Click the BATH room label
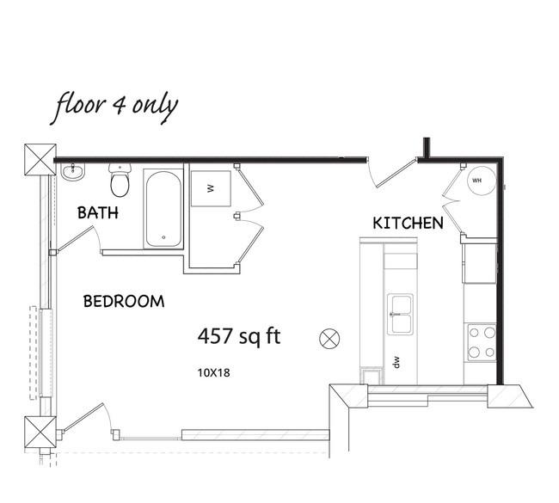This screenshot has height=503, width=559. [x=98, y=213]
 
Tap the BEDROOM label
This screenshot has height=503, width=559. [x=124, y=302]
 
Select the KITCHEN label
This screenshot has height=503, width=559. [x=408, y=224]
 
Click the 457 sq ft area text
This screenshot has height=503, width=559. [x=239, y=336]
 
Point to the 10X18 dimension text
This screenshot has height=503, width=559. [x=214, y=373]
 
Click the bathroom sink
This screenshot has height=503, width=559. [x=73, y=172]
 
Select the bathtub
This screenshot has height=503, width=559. [x=163, y=209]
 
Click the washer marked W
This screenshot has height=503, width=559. [x=211, y=188]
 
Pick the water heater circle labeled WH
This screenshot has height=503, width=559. [x=482, y=181]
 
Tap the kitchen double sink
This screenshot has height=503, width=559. [x=401, y=315]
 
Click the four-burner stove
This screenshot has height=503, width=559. [x=482, y=342]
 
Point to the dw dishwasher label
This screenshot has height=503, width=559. [x=396, y=362]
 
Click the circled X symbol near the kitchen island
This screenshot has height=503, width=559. [x=329, y=338]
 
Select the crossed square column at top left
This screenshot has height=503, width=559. [x=40, y=160]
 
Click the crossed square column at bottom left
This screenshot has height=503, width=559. [x=40, y=432]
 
